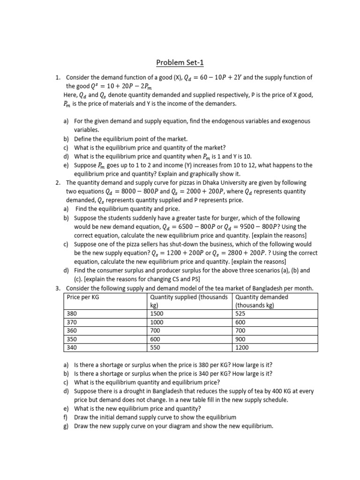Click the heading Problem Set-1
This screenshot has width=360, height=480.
point(180,63)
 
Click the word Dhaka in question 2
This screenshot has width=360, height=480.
point(202,183)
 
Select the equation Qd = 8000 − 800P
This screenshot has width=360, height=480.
point(130,191)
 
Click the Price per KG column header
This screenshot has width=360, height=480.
point(83,297)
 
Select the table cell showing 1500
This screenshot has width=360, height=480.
point(157,314)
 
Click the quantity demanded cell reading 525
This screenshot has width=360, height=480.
point(241,314)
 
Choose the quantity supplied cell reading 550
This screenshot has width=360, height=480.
point(156,348)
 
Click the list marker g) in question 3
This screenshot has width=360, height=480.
point(66,426)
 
